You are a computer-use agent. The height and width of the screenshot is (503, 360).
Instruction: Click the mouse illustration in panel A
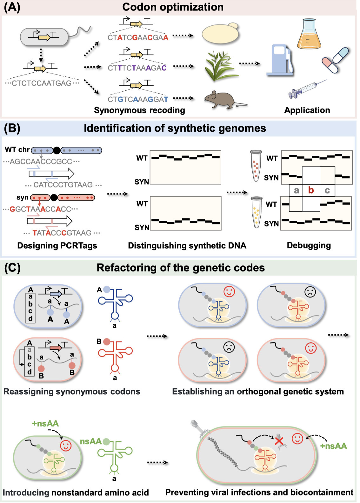tap(222, 100)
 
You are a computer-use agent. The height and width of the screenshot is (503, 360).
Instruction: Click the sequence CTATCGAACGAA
tap(138, 38)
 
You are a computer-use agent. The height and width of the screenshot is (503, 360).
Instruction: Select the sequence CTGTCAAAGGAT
tap(138, 100)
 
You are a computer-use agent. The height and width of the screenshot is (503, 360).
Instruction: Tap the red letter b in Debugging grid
tap(311, 190)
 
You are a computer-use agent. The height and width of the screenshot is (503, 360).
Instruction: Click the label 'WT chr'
tap(17, 149)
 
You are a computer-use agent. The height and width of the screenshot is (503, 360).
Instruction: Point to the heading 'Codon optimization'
tap(173, 7)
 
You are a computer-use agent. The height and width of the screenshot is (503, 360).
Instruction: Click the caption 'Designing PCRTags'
tap(57, 246)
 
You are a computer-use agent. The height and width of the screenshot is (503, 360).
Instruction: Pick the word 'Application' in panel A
tap(307, 110)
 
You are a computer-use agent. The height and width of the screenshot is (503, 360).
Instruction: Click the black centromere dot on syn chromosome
tap(54, 198)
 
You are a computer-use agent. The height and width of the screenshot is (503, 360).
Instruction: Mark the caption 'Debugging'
tap(309, 245)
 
